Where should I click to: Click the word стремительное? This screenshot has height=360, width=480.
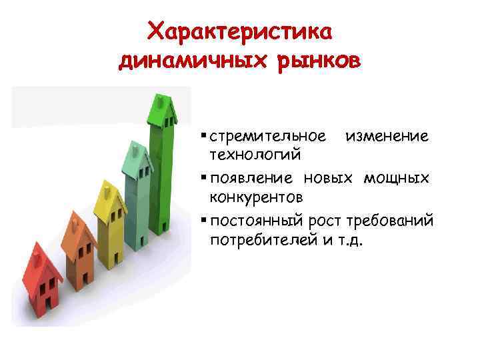point(267,137)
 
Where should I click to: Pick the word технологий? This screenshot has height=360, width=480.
point(255,155)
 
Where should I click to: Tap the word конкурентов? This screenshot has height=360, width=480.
point(257,197)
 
